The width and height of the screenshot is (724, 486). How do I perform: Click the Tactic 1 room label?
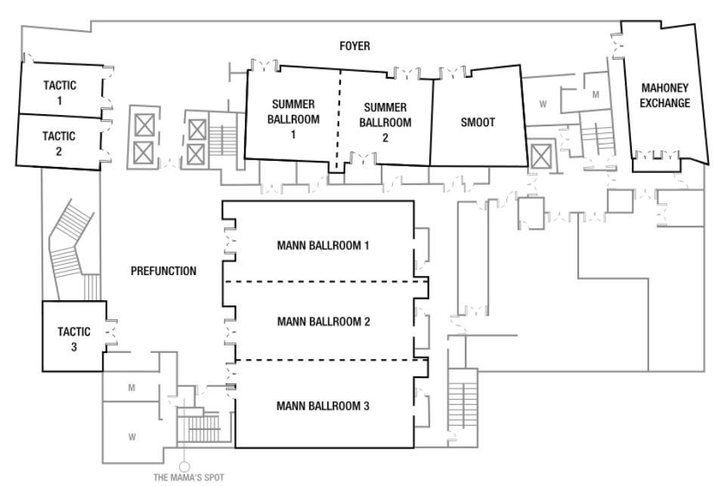point(58,92)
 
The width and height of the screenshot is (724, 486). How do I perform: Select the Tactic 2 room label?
point(58,143)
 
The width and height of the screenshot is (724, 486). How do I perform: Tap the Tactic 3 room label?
point(74,339)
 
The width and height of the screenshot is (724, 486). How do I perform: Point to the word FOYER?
point(354,47)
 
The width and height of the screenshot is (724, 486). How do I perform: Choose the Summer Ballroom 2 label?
point(385,122)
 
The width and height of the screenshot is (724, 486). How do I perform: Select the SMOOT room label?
point(478,122)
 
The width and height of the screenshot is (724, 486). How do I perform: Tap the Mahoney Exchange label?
point(664,95)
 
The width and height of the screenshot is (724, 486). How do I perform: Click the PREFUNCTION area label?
point(163,271)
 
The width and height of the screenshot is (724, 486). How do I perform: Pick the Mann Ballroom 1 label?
point(323,246)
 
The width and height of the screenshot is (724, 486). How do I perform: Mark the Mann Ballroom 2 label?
point(323,322)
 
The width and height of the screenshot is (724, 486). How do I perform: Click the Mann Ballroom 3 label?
point(323,406)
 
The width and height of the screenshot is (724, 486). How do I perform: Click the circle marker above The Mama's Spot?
point(183,466)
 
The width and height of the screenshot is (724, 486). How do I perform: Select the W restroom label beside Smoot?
point(543,104)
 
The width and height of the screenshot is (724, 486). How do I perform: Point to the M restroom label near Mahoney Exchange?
point(595,94)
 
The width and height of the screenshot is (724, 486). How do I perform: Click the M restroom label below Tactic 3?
point(131,388)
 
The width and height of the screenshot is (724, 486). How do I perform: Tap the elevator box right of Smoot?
point(541,157)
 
